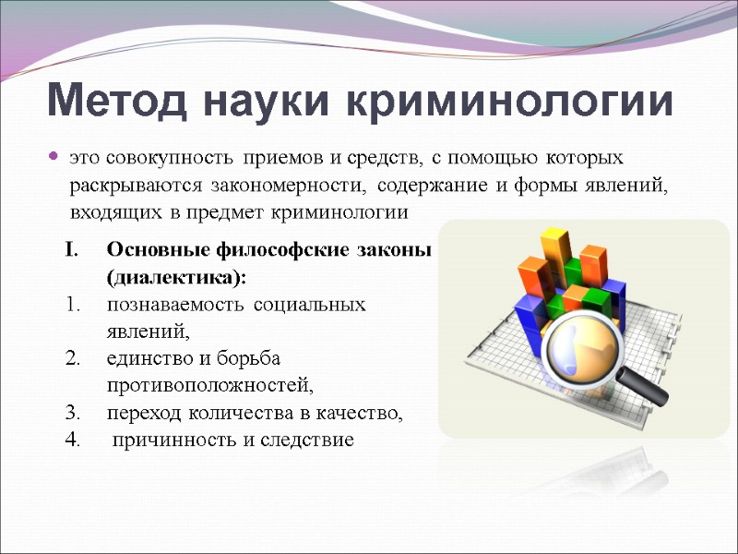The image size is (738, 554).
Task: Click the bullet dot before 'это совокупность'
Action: pyautogui.click(x=53, y=157)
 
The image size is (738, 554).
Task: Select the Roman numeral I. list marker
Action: pyautogui.click(x=73, y=249)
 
